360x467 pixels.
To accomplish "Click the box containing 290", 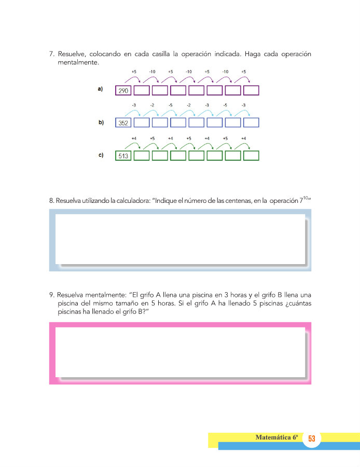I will click(x=123, y=91).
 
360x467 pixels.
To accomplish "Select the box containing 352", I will click(x=123, y=123).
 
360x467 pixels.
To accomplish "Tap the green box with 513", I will click(x=123, y=155).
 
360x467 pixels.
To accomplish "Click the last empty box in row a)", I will click(x=251, y=91).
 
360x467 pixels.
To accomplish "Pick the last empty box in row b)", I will click(x=251, y=123).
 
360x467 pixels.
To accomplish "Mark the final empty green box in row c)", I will click(x=251, y=155).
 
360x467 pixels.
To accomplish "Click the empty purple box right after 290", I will click(x=142, y=91).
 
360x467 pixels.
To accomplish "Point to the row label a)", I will click(x=100, y=89).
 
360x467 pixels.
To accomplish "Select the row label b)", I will click(x=100, y=122).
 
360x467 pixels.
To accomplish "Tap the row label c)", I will click(x=100, y=155).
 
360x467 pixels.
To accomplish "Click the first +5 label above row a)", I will click(x=134, y=72).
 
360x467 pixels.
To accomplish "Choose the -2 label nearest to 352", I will click(x=152, y=105).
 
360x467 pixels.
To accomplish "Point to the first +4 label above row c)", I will click(x=134, y=139).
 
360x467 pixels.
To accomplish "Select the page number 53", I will click(x=312, y=439).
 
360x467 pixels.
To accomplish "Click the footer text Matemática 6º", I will click(x=277, y=437).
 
